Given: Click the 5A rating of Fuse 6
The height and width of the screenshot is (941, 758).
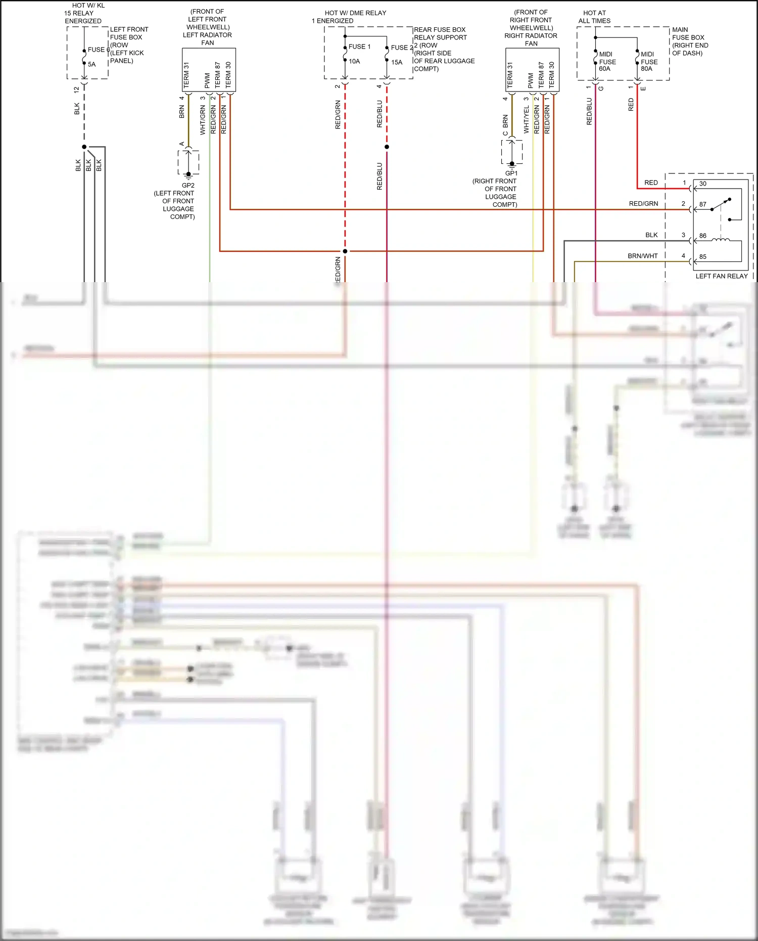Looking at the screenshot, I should [91, 64].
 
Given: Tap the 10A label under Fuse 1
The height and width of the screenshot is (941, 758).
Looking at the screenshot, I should [354, 61].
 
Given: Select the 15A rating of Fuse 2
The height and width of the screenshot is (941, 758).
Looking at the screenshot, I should [397, 62].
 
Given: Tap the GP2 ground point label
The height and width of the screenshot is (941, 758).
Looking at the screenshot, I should [188, 185].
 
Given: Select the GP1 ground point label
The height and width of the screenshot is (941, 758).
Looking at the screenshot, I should [511, 173].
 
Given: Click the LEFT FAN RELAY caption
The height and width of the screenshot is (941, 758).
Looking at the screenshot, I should [721, 276].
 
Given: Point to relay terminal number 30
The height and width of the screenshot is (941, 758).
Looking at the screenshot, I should [703, 184].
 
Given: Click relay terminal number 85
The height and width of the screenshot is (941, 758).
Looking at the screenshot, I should [703, 256].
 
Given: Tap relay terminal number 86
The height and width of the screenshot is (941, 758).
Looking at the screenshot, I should [703, 236].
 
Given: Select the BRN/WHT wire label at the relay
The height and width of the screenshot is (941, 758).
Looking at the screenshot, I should [643, 256].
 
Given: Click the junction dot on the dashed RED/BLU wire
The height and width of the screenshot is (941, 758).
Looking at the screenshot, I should [387, 147].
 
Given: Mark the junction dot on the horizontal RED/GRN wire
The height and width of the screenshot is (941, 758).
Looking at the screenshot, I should [345, 251].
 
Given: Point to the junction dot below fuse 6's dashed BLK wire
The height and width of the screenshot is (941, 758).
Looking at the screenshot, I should [84, 147].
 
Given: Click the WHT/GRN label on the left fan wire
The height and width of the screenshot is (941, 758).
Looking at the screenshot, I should [203, 120].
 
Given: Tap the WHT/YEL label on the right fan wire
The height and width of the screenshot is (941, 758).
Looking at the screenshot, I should [527, 120].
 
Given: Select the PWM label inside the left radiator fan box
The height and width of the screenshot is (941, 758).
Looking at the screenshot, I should [207, 80].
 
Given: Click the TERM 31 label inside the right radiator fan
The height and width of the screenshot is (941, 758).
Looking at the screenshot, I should [510, 75].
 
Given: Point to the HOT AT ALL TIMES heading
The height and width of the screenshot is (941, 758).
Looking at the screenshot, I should [594, 17].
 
